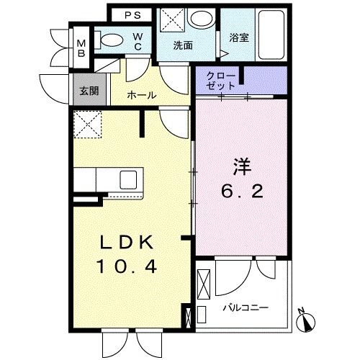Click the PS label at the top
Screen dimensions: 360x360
(130, 15)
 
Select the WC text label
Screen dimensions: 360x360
(137, 42)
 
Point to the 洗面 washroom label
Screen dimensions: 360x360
(182, 45)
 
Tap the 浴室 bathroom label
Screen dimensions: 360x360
(239, 37)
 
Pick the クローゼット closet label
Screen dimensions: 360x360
(220, 81)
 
